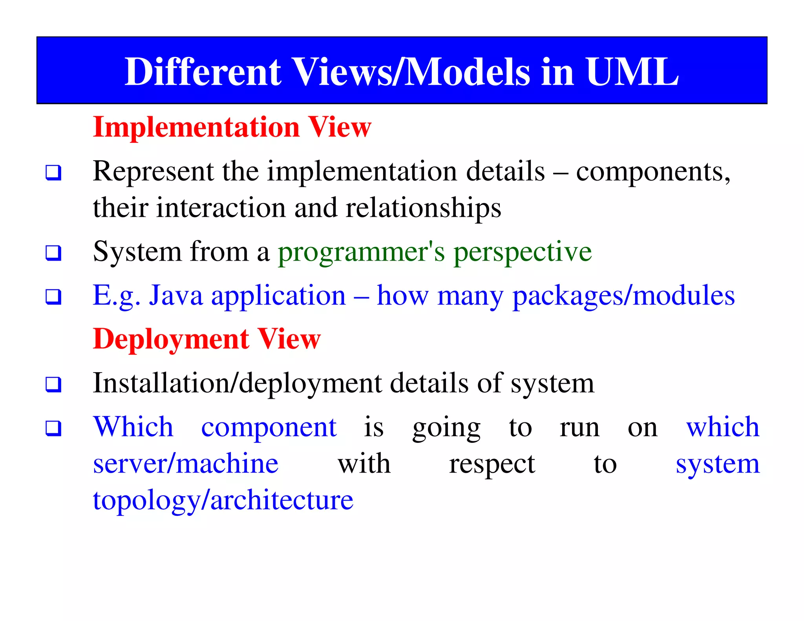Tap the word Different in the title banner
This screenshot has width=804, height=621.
coord(202,71)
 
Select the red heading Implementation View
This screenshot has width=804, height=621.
coord(232,127)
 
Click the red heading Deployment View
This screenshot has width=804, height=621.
coord(206,339)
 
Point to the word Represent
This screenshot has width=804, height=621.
coord(153,172)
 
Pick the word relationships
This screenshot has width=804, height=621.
coord(423,208)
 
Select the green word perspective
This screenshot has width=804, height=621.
coord(523,252)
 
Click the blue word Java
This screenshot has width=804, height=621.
coord(175,295)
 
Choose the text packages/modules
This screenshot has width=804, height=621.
coord(623,296)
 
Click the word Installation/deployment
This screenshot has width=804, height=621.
coord(237,383)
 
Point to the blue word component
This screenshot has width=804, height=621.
coord(269,427)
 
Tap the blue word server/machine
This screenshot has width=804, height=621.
coord(186,464)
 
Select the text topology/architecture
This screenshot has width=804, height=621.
coord(223,501)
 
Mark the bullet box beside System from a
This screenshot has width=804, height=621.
coord(53,253)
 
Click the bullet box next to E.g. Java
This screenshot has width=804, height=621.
coord(53,297)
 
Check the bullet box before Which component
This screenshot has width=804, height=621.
coord(53,428)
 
